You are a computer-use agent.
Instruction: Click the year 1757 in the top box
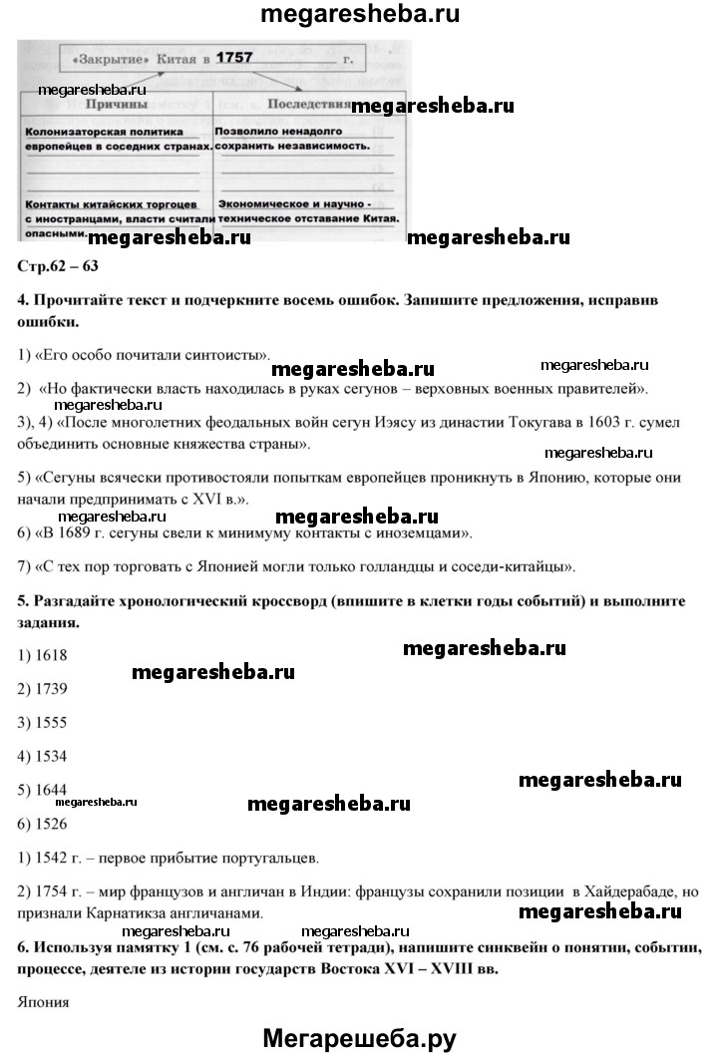coord(234,59)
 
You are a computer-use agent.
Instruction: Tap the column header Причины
coord(117,104)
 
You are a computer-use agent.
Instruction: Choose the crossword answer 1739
coord(50,689)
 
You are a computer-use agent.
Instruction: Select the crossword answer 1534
coord(50,756)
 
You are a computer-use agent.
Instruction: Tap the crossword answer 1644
coord(50,789)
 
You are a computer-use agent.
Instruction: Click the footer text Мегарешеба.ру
coord(358,1037)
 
